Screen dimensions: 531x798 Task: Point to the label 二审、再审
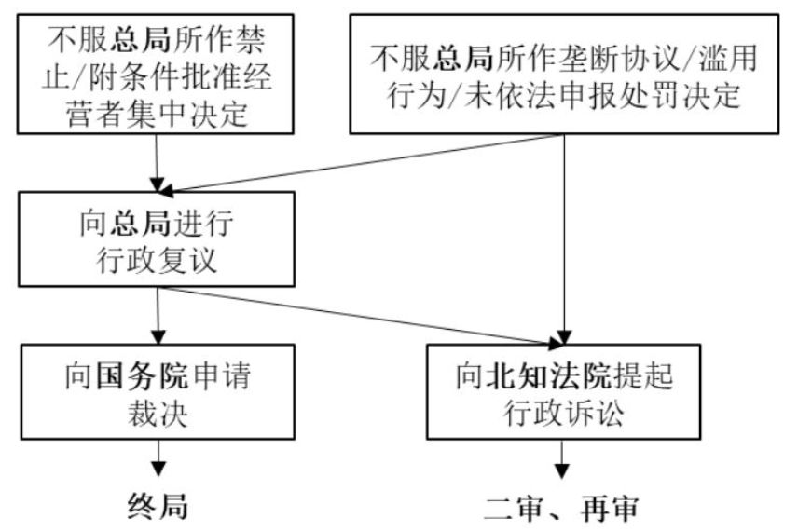click(x=564, y=508)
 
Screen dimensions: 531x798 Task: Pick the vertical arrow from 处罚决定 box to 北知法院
click(x=564, y=242)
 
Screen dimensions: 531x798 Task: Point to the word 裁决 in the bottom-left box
click(x=156, y=412)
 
